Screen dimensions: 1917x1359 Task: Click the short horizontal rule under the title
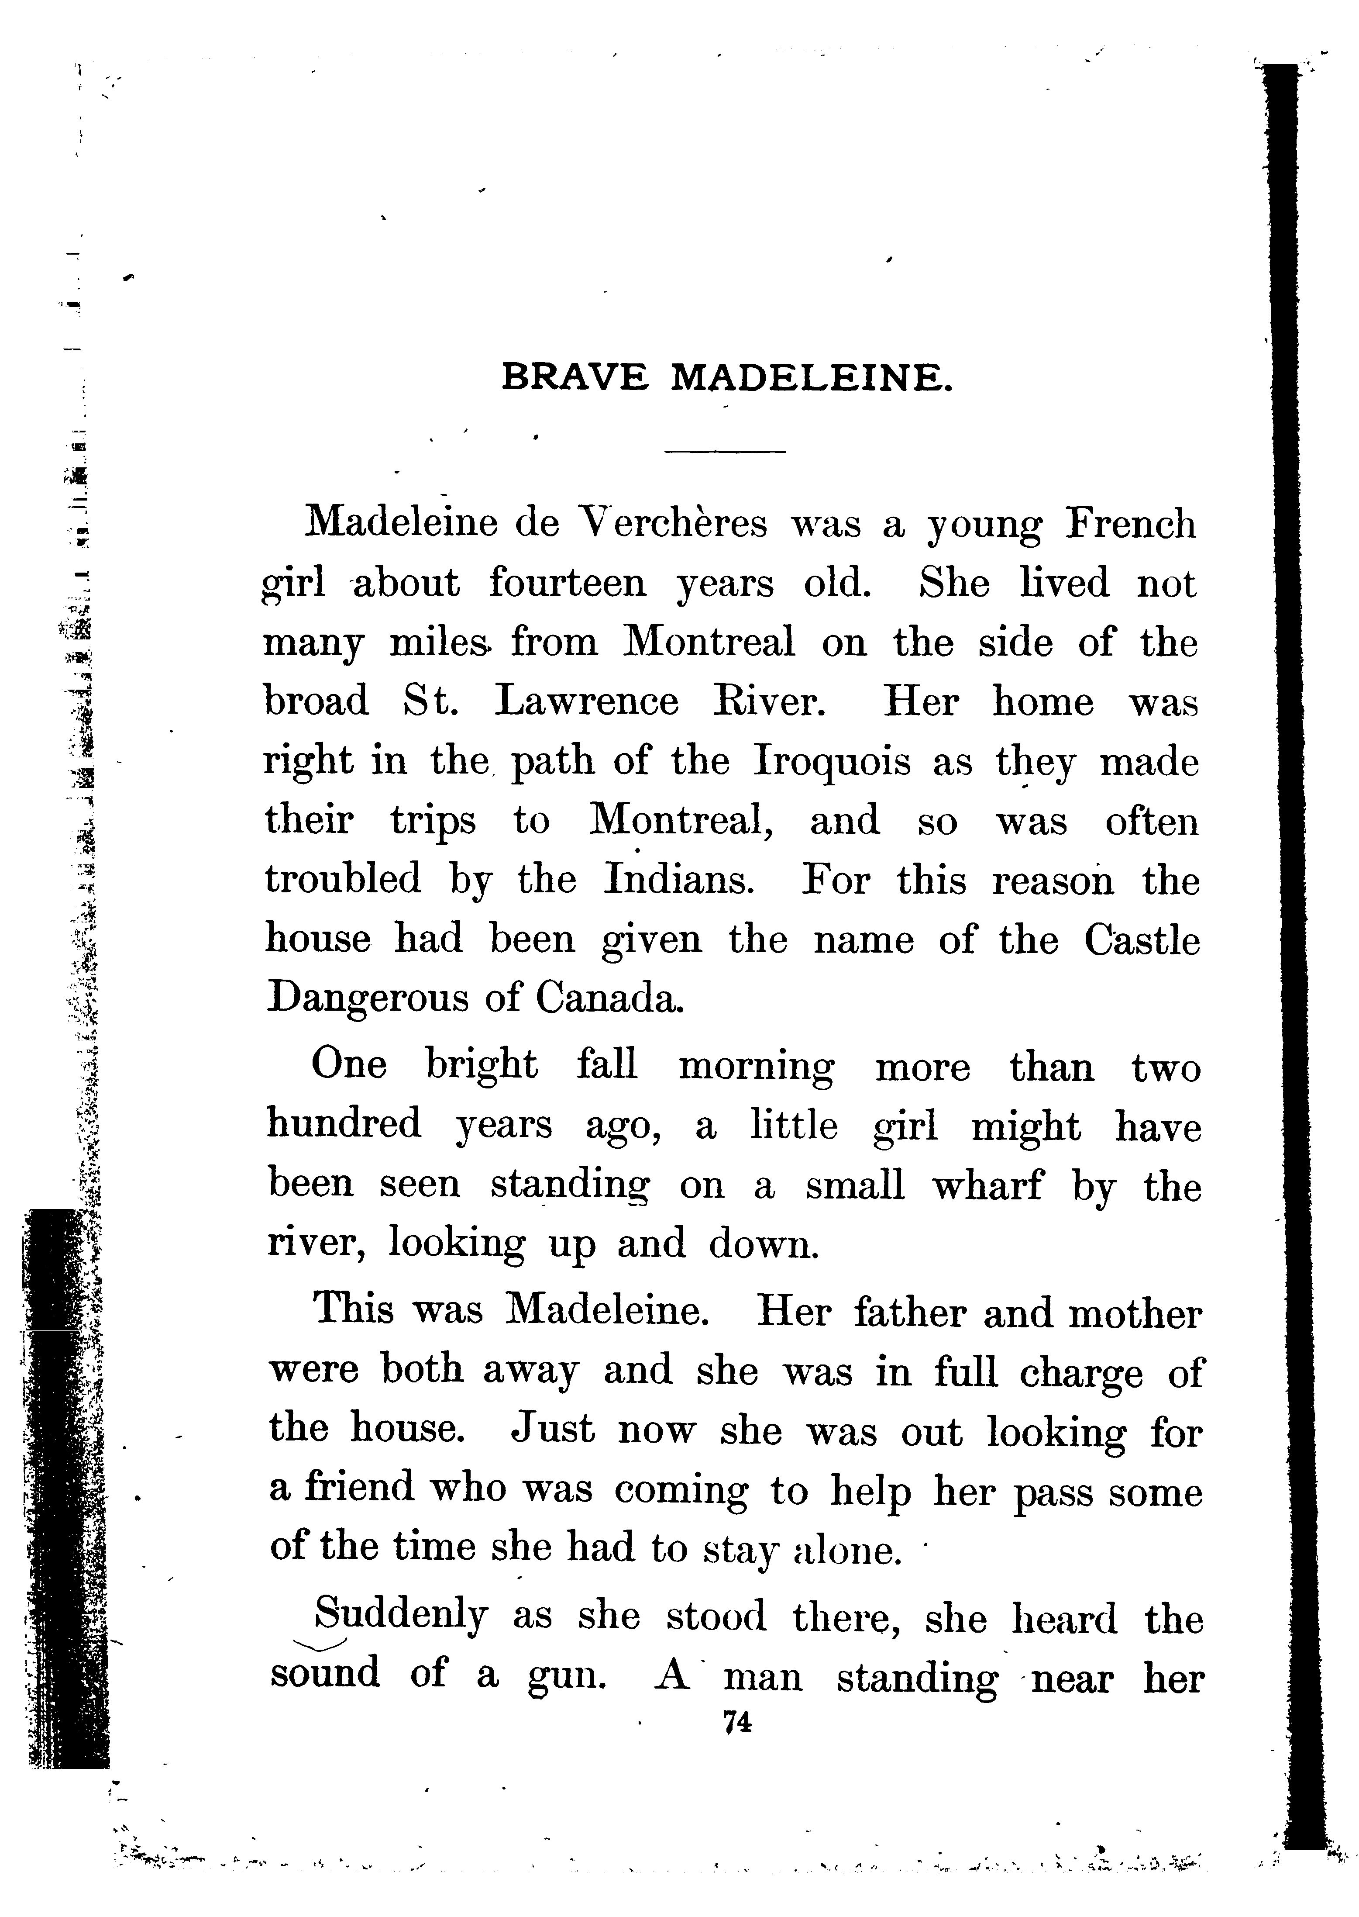[725, 452]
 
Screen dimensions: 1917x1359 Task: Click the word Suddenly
[399, 1616]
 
